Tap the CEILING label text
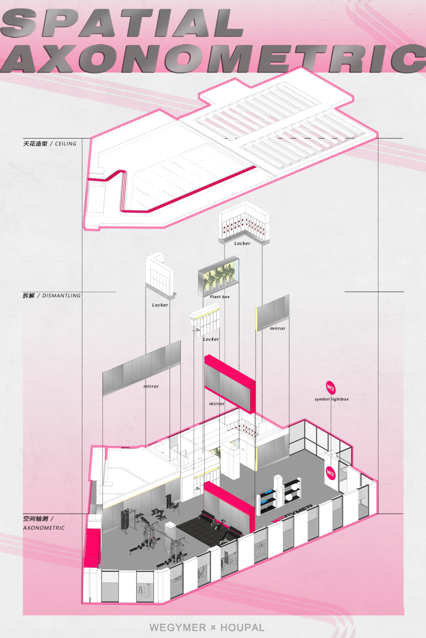pyautogui.click(x=66, y=144)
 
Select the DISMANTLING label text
pyautogui.click(x=62, y=295)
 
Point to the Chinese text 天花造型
pyautogui.click(x=35, y=144)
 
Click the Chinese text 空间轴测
pyautogui.click(x=35, y=519)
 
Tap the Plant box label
pyautogui.click(x=220, y=297)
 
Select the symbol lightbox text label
pyautogui.click(x=332, y=399)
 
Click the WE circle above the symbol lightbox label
pyautogui.click(x=331, y=387)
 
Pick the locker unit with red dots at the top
pyautogui.click(x=245, y=223)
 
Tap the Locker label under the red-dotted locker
pyautogui.click(x=242, y=244)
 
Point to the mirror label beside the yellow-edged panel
pyautogui.click(x=278, y=328)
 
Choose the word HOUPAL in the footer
pyautogui.click(x=242, y=627)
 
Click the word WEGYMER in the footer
pyautogui.click(x=178, y=627)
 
